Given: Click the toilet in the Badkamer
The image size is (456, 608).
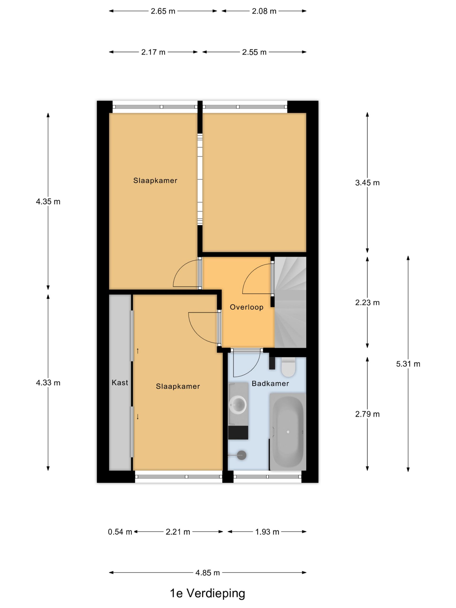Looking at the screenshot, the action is (x=288, y=367).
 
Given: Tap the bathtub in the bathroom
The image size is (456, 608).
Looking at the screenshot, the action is (x=288, y=432).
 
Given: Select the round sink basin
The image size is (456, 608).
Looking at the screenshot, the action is (x=237, y=405).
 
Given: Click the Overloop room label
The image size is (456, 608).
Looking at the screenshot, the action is (x=247, y=307).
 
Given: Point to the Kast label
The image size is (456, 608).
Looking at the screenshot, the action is (x=120, y=383).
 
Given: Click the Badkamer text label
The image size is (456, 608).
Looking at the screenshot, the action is (x=270, y=383).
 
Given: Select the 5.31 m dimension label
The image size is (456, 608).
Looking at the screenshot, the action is (x=408, y=364).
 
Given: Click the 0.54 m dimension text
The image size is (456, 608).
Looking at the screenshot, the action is (x=120, y=532).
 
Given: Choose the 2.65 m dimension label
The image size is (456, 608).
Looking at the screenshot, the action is (x=163, y=11).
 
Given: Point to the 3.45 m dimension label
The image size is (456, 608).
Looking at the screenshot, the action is (x=367, y=183).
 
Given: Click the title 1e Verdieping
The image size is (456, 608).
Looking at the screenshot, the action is (x=208, y=593).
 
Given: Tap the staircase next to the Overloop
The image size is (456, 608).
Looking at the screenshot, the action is (x=290, y=302).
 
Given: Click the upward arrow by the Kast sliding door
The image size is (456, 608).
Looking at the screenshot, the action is (x=138, y=351).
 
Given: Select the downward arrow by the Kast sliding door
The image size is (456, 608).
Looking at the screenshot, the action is (x=138, y=417).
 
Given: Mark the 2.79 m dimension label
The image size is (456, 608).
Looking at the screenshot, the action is (x=367, y=414).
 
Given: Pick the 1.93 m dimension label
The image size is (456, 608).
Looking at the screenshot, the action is (x=267, y=532).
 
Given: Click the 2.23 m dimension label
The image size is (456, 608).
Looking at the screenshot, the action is (x=367, y=303).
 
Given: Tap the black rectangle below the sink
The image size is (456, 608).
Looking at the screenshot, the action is (x=238, y=433).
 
